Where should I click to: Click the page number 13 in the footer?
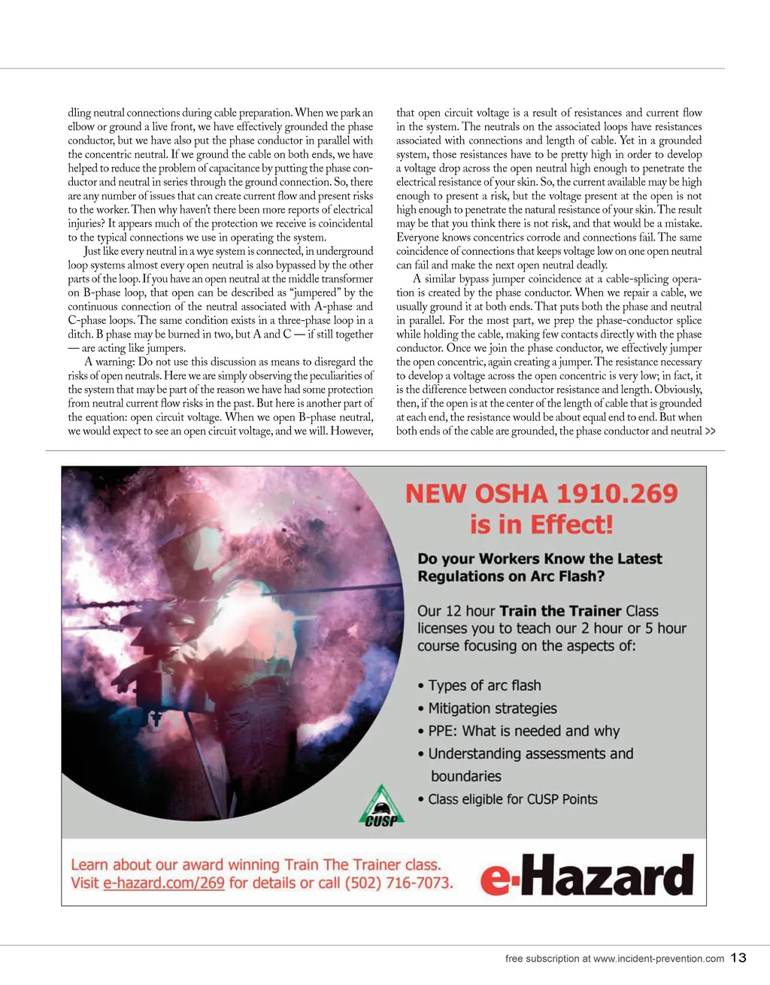(x=738, y=957)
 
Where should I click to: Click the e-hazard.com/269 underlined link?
(x=164, y=883)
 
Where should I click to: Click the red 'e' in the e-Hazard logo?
(x=496, y=877)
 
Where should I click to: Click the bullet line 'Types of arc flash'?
(x=484, y=686)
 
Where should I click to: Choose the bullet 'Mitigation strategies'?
(x=493, y=708)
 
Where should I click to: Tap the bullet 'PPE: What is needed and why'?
(x=523, y=731)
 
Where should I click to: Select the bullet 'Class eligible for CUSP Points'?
(x=513, y=799)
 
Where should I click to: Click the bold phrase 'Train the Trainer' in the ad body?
(x=560, y=611)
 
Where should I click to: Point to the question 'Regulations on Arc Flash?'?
(x=511, y=577)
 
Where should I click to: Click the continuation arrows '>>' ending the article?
(x=711, y=432)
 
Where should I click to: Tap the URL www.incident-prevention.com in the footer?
(x=658, y=959)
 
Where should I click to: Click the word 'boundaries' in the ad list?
(x=466, y=777)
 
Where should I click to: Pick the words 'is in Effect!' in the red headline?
(x=541, y=524)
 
